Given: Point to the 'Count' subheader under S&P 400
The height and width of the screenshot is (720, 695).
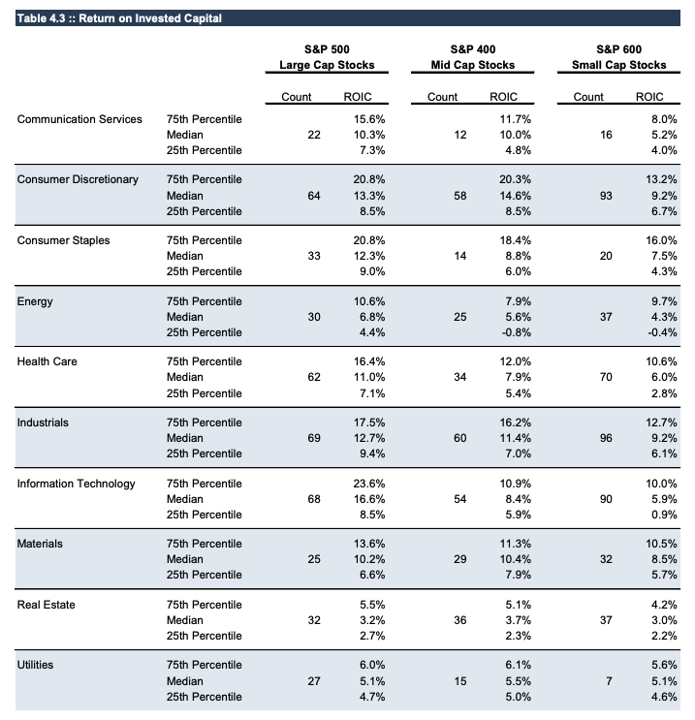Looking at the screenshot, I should (442, 97).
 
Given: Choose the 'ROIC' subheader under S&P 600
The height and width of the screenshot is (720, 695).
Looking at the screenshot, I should (648, 97).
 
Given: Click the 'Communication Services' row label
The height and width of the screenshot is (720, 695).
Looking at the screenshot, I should (79, 119).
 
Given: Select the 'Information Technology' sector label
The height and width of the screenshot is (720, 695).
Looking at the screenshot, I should (77, 484).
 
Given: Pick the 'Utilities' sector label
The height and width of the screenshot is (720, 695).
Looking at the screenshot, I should (36, 666).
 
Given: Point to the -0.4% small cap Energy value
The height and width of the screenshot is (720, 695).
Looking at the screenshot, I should (659, 332).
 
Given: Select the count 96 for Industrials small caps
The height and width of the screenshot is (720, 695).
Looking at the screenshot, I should (606, 438).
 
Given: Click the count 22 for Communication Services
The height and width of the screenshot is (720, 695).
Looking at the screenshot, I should (313, 135).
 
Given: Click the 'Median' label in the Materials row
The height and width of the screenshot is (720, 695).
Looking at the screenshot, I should (185, 559).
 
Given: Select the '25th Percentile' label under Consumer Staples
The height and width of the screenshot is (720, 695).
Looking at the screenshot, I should (204, 271).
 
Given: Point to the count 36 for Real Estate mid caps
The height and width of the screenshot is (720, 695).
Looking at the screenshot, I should (460, 620).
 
